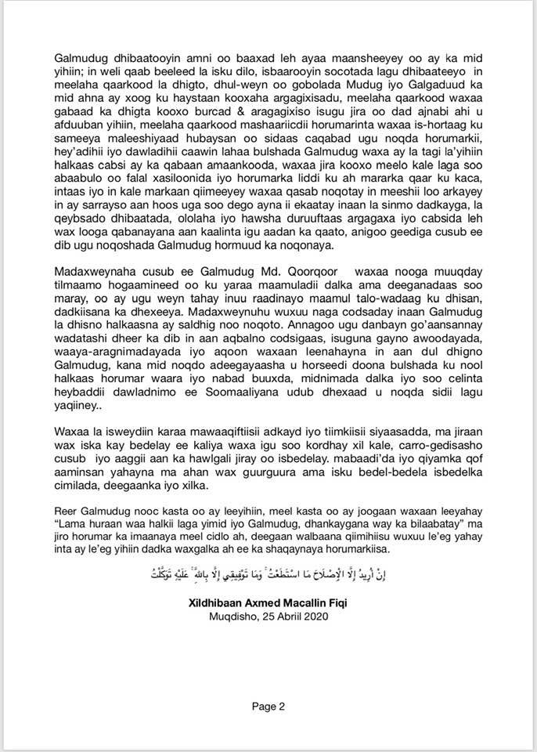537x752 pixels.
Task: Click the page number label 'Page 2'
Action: pyautogui.click(x=268, y=707)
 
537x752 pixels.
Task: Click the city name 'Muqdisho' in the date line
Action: pyautogui.click(x=232, y=616)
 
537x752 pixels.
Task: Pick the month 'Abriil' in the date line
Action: pyautogui.click(x=283, y=616)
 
